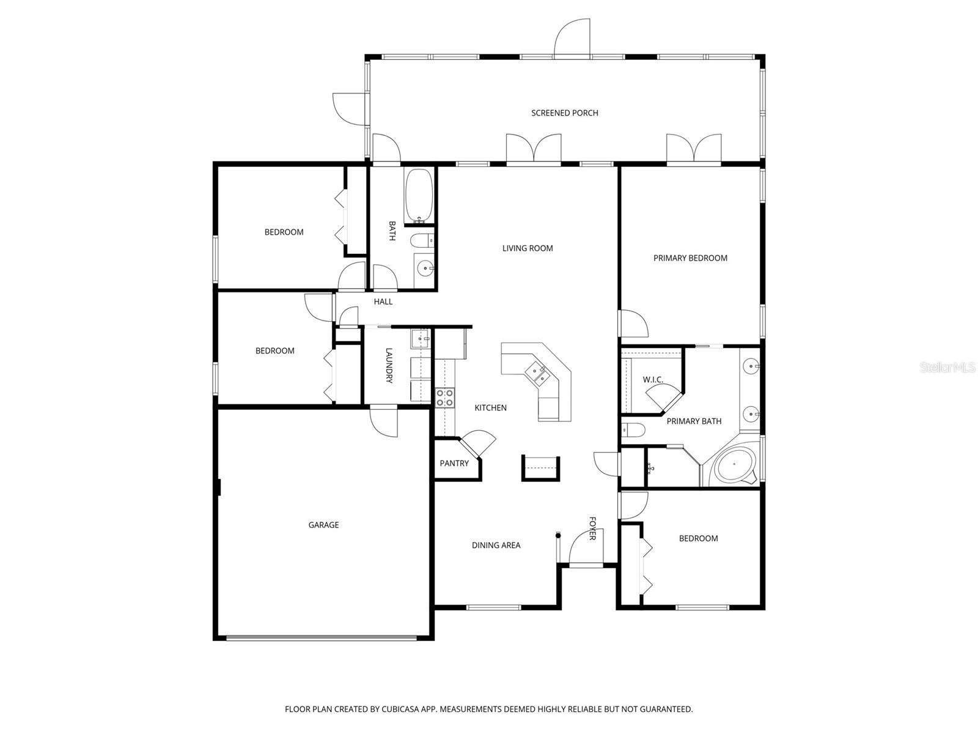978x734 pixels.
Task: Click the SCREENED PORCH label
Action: click(x=564, y=113)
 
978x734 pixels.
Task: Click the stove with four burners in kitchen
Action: click(x=444, y=398)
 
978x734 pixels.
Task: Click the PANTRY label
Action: click(x=454, y=464)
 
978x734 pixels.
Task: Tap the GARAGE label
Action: click(x=323, y=525)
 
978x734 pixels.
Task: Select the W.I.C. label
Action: click(x=653, y=380)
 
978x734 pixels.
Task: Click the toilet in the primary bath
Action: click(x=632, y=430)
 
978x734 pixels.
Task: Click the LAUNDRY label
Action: click(x=389, y=365)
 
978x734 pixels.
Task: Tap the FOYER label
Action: click(x=592, y=528)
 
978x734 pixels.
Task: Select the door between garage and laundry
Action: click(x=383, y=421)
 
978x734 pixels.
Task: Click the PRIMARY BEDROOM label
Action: click(x=690, y=258)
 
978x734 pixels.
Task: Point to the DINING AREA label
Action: click(x=496, y=546)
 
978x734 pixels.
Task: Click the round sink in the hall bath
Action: click(x=424, y=267)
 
